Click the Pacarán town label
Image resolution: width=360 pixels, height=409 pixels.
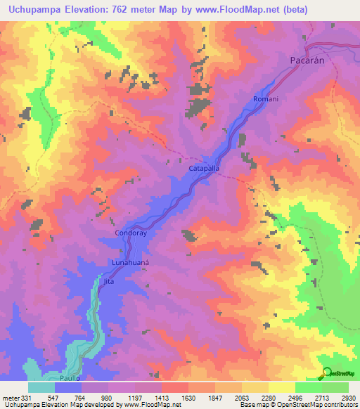point(308,61)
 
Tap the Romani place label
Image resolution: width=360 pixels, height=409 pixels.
point(266,99)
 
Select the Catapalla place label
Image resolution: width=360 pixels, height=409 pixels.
point(205,169)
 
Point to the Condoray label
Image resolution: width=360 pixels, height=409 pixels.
point(130,233)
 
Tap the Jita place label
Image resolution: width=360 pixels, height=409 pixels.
point(108,281)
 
